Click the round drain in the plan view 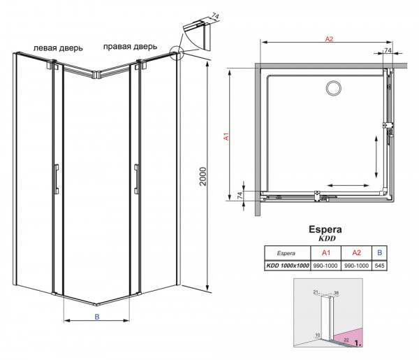tap(332, 89)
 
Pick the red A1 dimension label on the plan tap(227, 138)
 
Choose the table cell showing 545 tap(380, 265)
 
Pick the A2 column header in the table tap(355, 252)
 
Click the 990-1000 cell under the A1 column tap(325, 265)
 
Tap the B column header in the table tap(380, 252)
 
